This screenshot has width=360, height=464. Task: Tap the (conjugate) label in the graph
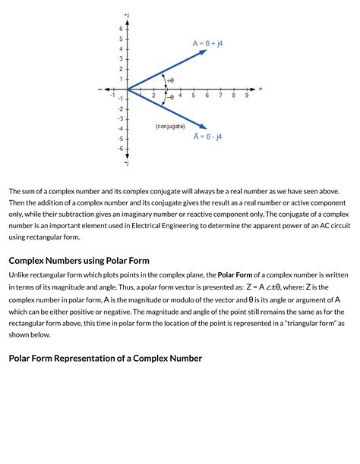click(x=170, y=126)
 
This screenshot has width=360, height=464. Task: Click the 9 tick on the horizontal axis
click(x=247, y=96)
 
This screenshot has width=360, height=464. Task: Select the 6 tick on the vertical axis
click(x=119, y=28)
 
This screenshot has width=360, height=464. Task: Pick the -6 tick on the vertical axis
click(x=118, y=149)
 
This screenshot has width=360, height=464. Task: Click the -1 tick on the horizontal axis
click(x=112, y=96)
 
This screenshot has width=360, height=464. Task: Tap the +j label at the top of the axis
click(x=126, y=14)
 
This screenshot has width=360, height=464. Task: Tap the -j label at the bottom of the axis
click(x=126, y=163)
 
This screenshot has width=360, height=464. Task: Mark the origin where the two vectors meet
click(x=127, y=89)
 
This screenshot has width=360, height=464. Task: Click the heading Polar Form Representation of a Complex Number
click(x=105, y=358)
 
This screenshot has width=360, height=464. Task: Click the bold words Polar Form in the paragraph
click(x=236, y=274)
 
